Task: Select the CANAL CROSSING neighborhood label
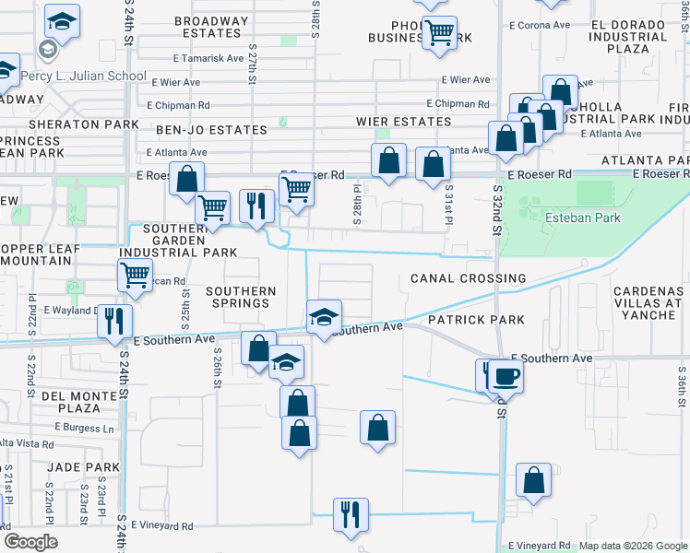(468, 278)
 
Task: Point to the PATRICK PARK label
(475, 320)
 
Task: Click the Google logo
(30, 541)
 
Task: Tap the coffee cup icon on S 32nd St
(505, 374)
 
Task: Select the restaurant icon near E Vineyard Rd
(350, 513)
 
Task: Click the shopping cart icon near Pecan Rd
(136, 273)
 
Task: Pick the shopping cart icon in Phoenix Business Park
(439, 32)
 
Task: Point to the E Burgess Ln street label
(84, 428)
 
